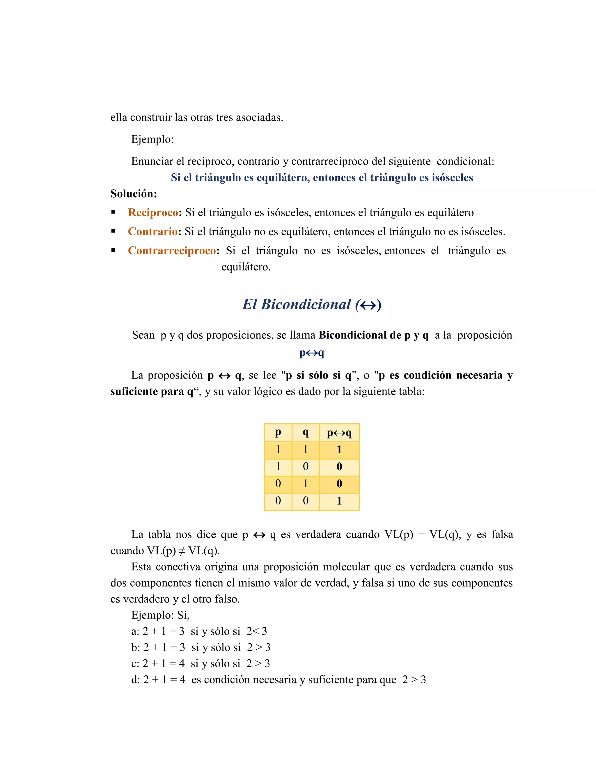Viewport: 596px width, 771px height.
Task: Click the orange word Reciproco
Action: coord(153,212)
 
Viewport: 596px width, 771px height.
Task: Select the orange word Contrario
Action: coord(152,232)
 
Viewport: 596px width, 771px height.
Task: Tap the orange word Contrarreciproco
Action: coord(172,251)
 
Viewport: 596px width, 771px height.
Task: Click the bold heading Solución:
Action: coord(134,194)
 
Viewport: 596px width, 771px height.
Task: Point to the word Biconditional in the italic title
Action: coord(306,304)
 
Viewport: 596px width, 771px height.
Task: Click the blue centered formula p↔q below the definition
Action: coord(311,353)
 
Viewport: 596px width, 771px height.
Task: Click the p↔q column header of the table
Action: coord(339,433)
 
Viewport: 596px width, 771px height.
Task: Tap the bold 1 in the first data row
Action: coord(339,450)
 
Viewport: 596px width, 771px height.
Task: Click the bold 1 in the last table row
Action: coord(339,501)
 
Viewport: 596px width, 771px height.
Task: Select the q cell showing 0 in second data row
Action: coord(306,467)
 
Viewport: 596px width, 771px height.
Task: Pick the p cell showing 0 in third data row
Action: coord(278,484)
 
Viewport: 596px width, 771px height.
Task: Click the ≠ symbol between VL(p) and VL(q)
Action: coord(182,551)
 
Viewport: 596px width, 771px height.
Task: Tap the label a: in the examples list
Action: coord(135,632)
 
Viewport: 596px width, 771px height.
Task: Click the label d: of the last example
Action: coord(136,680)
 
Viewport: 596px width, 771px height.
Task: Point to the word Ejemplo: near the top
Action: coord(152,139)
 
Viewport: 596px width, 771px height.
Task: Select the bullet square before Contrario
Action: coord(113,231)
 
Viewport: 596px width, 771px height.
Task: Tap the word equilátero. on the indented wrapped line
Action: coord(246,267)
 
